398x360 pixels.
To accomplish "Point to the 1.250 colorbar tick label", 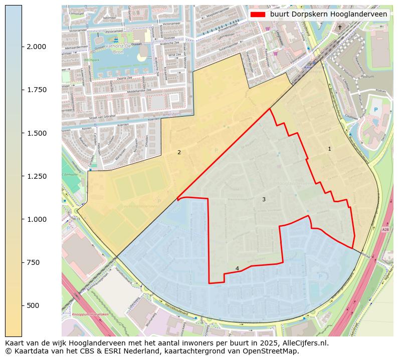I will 37,176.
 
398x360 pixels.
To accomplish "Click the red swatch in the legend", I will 258,15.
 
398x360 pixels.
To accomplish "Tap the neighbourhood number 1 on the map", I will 329,149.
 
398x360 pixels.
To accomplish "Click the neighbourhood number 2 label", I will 179,152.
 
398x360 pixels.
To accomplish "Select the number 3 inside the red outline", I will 264,200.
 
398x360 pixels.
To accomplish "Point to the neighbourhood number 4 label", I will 237,268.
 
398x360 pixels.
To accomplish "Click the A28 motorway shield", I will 385,230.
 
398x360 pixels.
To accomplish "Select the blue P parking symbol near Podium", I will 375,110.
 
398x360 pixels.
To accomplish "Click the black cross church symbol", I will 340,27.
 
